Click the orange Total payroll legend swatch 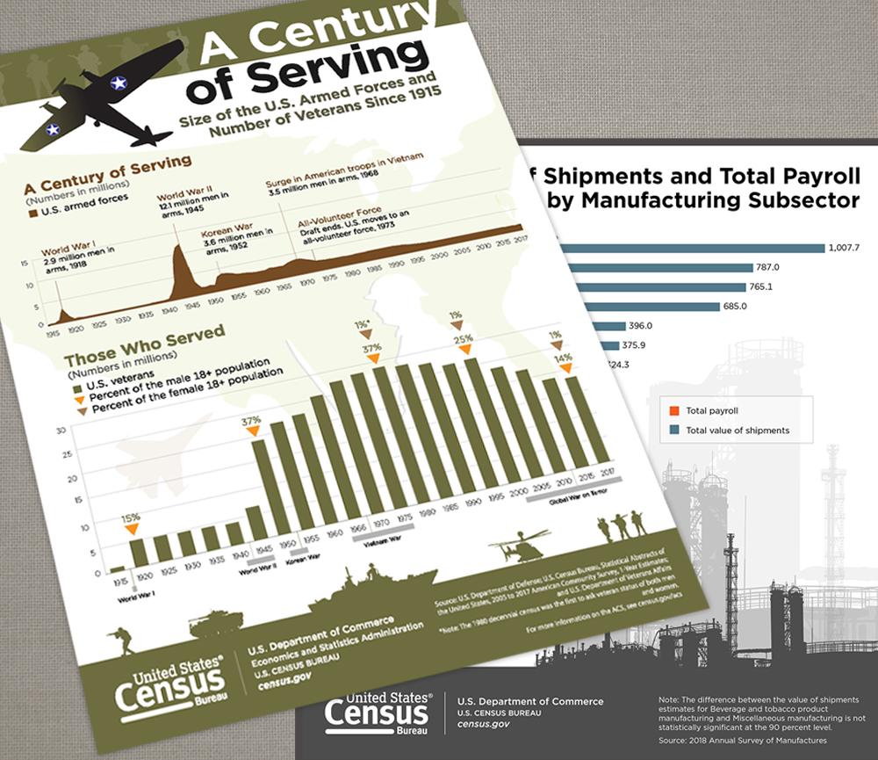673,410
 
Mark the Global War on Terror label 574,488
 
